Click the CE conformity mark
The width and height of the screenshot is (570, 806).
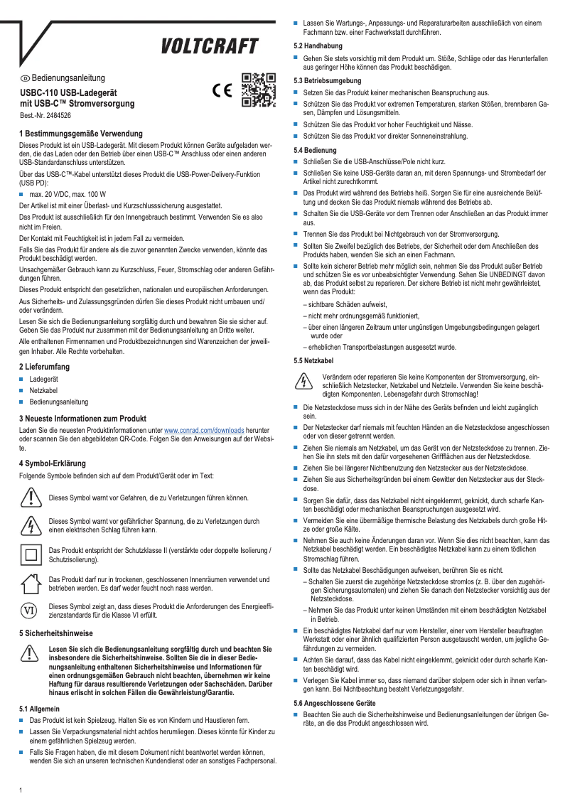click(x=222, y=92)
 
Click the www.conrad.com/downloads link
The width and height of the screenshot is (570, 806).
click(x=204, y=431)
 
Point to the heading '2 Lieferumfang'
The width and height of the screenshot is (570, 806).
click(x=48, y=366)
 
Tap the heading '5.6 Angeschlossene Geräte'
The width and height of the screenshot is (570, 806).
click(x=335, y=702)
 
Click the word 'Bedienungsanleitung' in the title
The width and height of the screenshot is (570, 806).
click(x=68, y=77)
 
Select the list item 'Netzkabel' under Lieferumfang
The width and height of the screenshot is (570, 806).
click(x=44, y=391)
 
